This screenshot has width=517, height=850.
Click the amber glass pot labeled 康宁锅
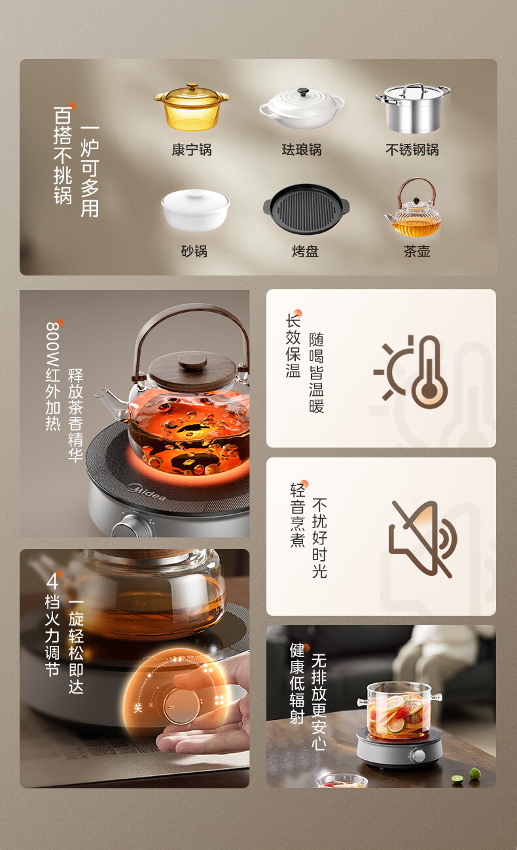coord(192,107)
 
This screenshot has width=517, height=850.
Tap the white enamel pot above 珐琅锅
coord(302,108)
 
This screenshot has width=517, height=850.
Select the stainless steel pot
coord(412,108)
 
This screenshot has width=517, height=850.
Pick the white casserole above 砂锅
coord(196,210)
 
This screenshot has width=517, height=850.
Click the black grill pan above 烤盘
coord(306,209)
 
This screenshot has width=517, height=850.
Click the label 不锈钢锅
coord(412,150)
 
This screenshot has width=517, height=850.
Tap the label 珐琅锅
coord(302,150)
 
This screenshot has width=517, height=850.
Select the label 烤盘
coord(305,251)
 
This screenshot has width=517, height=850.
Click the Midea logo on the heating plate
coord(147,491)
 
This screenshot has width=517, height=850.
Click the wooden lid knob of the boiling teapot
coord(192,362)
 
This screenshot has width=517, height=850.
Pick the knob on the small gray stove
coord(418,756)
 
